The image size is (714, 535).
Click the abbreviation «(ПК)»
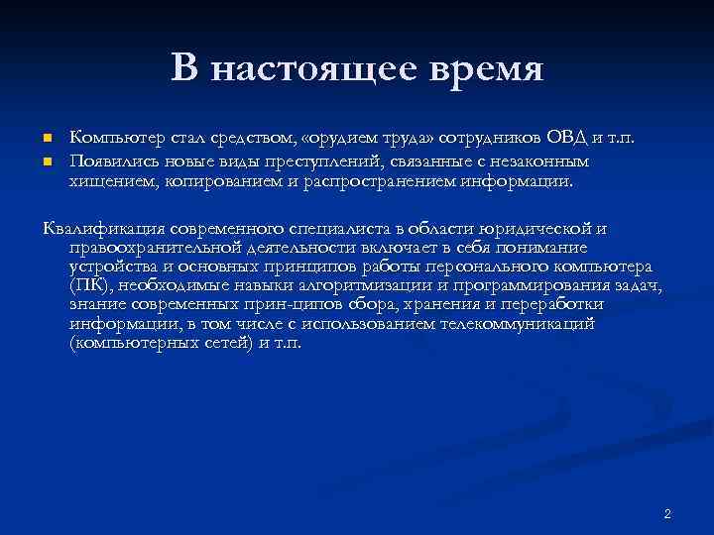pyautogui.click(x=87, y=286)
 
